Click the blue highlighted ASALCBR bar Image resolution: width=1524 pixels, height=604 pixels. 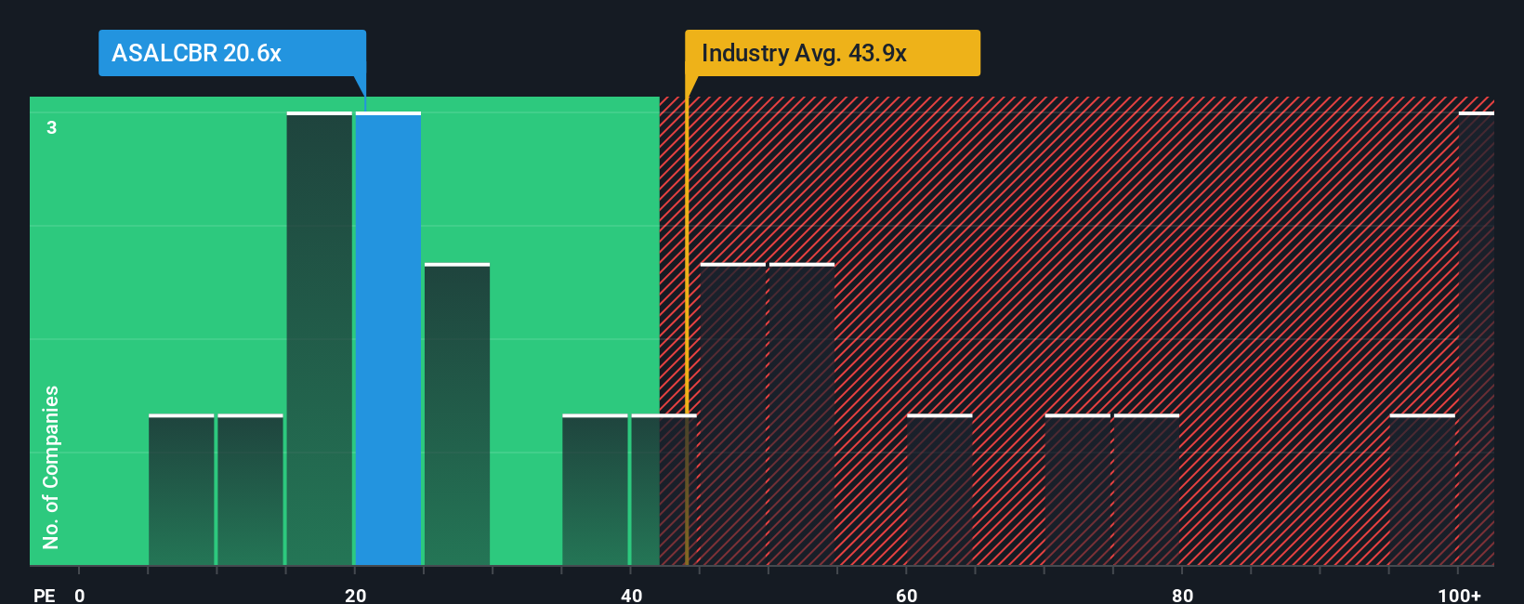point(388,339)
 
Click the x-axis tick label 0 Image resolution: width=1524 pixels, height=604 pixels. point(80,595)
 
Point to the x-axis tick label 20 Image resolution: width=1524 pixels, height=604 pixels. point(355,595)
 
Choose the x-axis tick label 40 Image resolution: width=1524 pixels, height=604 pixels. point(631,595)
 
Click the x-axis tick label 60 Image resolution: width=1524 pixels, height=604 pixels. point(907,595)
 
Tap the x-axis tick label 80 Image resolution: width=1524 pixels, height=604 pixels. point(1182,595)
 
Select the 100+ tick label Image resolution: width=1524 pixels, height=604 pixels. point(1459,595)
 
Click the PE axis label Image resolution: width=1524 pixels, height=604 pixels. point(44,595)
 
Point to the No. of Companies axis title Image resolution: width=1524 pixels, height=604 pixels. point(51,466)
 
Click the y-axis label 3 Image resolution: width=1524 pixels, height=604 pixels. point(52,127)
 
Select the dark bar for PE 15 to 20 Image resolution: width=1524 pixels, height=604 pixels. point(320,339)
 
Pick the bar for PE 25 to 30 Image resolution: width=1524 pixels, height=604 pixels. point(457,414)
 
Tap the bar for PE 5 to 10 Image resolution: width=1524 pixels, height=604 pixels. point(181,491)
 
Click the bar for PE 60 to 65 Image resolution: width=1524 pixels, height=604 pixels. point(939,491)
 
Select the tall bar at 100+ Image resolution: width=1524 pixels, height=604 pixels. point(1476,339)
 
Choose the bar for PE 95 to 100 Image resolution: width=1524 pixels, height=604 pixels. point(1422,491)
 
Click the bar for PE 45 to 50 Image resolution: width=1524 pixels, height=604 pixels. point(733,414)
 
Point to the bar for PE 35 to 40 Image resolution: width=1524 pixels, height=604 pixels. point(595,491)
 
